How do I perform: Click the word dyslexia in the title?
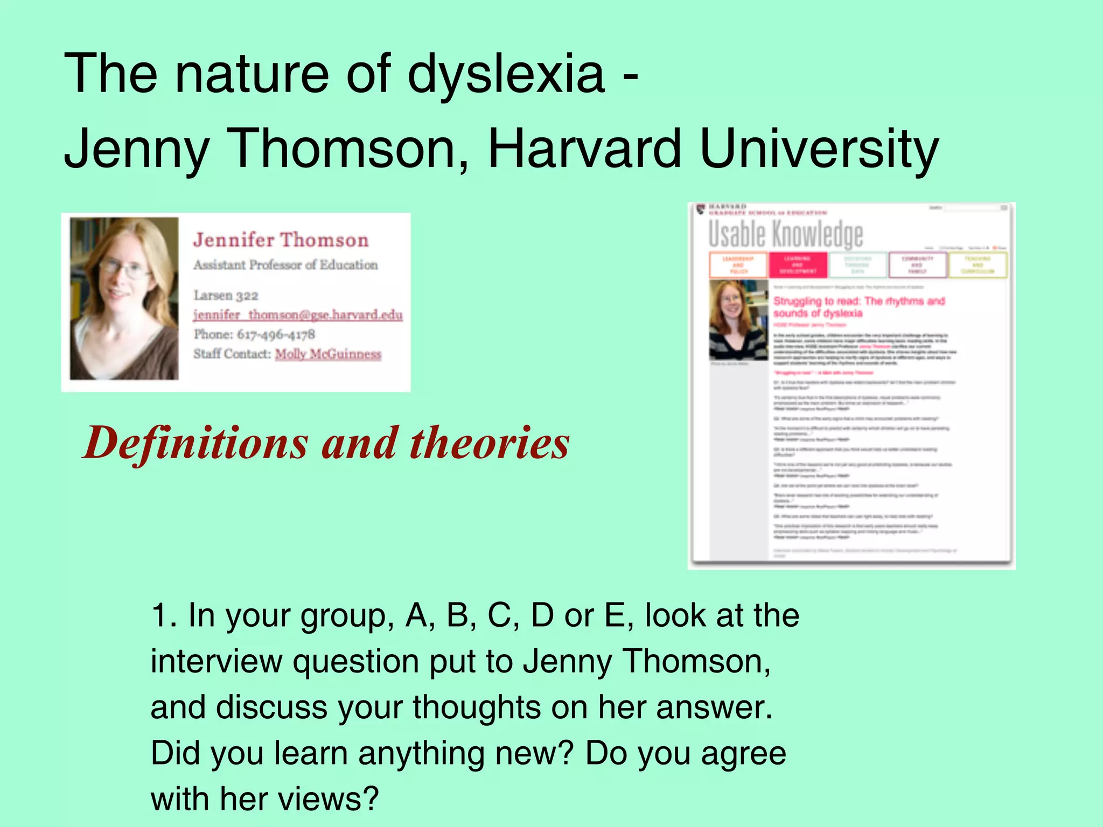[506, 74]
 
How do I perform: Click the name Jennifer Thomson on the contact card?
[281, 240]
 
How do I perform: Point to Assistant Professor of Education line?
[285, 265]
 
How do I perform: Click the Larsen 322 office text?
[226, 296]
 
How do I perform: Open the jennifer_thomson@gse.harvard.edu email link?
[298, 315]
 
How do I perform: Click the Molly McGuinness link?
[328, 354]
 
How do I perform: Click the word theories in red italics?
[489, 444]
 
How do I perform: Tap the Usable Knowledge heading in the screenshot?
[785, 235]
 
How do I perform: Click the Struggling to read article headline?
[858, 307]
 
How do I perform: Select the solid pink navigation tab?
[798, 265]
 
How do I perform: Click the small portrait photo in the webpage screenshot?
[738, 320]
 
